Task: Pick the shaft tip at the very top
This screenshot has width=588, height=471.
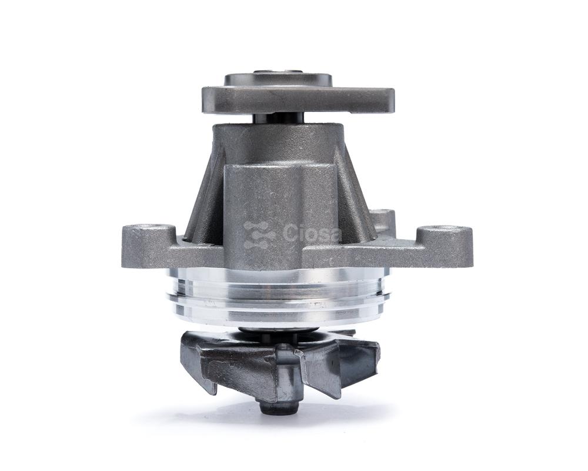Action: (278, 71)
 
